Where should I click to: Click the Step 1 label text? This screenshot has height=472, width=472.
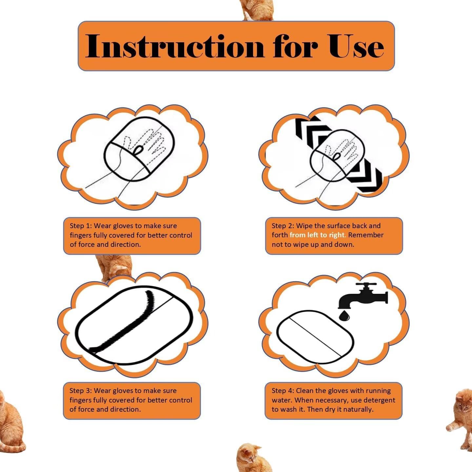[81, 226]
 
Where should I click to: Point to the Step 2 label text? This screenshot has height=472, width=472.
[283, 226]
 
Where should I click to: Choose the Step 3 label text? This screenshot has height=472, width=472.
[81, 391]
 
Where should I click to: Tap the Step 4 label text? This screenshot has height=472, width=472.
[283, 391]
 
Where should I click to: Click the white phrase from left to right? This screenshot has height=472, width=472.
[317, 235]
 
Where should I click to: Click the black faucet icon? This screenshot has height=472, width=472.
[364, 296]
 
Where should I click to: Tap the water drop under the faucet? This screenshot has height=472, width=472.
[344, 316]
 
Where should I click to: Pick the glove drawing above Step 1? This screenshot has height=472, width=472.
[139, 149]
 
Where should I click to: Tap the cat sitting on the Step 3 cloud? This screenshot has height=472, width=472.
[115, 267]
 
